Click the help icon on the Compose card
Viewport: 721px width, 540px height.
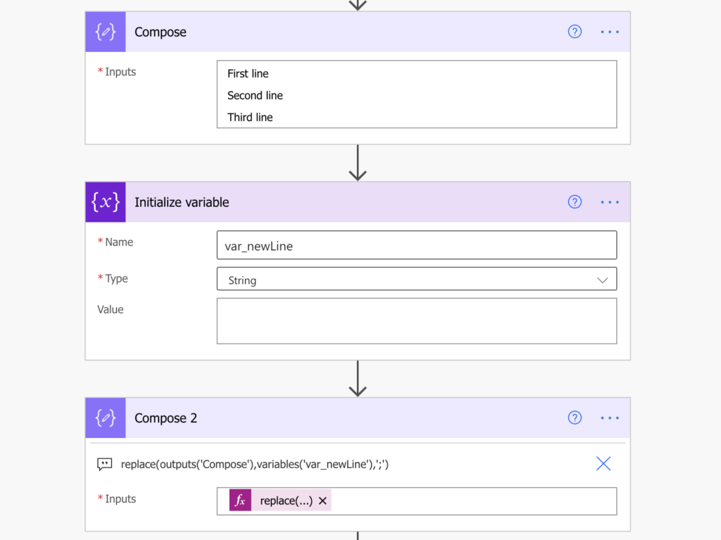(575, 32)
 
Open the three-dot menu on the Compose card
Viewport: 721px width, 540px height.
(610, 32)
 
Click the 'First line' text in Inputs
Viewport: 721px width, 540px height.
(248, 74)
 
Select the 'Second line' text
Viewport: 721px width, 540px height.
(255, 96)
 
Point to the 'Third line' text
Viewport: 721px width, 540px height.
(250, 118)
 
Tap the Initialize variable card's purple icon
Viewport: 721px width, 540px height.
(106, 202)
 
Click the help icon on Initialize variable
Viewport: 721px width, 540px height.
(575, 202)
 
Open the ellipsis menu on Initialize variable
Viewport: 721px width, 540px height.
(610, 202)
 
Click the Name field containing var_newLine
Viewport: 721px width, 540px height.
(417, 245)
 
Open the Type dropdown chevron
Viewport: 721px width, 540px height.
(603, 280)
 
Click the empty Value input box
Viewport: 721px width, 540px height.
(417, 321)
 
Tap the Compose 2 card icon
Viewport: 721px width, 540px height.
(106, 417)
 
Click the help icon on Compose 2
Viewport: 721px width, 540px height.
(575, 417)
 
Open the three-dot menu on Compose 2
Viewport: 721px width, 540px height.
(610, 417)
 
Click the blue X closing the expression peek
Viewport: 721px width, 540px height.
(603, 464)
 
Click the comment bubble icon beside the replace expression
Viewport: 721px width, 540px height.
(104, 464)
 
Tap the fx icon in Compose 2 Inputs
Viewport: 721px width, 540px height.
(240, 500)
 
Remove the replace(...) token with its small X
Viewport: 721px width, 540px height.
(322, 501)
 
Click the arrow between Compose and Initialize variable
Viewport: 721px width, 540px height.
(357, 163)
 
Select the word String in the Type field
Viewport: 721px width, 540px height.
(242, 281)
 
